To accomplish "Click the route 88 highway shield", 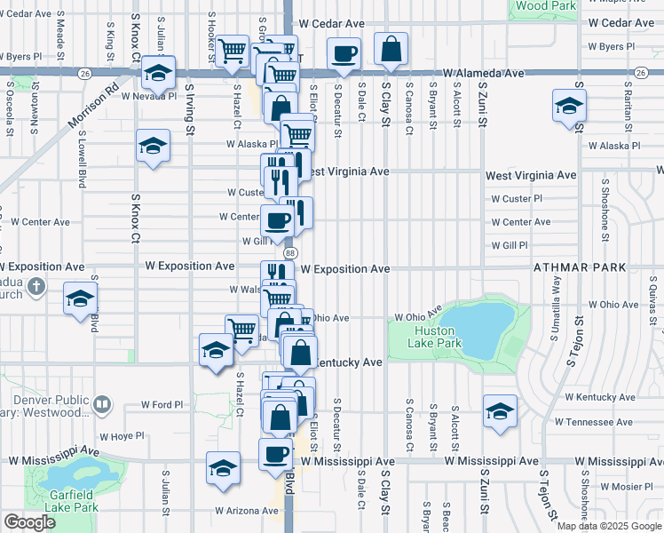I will (289, 253).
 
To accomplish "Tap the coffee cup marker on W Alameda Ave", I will (344, 53).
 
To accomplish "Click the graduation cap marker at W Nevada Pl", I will (158, 73).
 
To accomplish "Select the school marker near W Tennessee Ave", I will (500, 412).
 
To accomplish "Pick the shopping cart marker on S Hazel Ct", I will (241, 330).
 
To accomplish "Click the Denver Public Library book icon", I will (103, 405).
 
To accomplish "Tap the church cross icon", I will (35, 286).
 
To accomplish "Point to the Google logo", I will (29, 522).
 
